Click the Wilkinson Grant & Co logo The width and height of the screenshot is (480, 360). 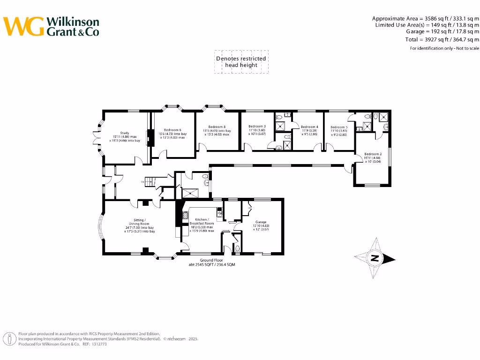tap(52, 26)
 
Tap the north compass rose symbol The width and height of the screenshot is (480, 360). tap(375, 258)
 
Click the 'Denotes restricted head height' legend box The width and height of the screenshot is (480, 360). tap(241, 62)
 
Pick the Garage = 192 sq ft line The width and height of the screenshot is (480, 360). tap(442, 32)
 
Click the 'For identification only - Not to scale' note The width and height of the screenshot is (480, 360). tap(444, 48)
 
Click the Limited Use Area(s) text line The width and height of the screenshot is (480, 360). tap(427, 25)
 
